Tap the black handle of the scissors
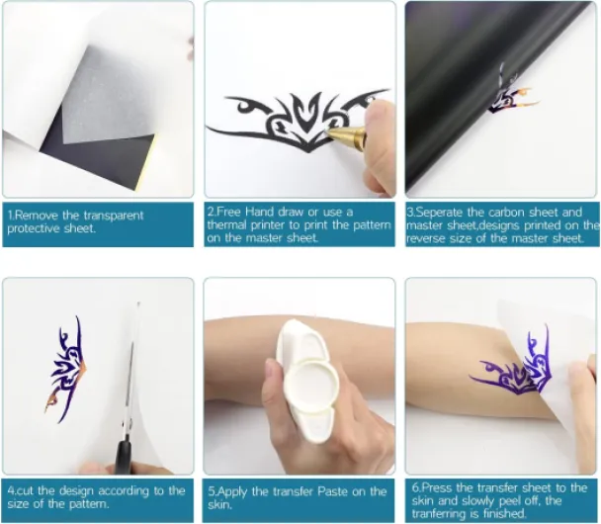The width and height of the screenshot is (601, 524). (x=124, y=457)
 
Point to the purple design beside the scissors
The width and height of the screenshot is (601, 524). (x=65, y=370)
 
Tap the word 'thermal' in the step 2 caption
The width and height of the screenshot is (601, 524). (x=227, y=225)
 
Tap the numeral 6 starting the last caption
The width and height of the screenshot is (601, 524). (x=415, y=488)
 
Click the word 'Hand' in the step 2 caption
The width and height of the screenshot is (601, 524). (x=260, y=212)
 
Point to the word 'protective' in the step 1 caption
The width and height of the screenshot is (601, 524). (x=32, y=228)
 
